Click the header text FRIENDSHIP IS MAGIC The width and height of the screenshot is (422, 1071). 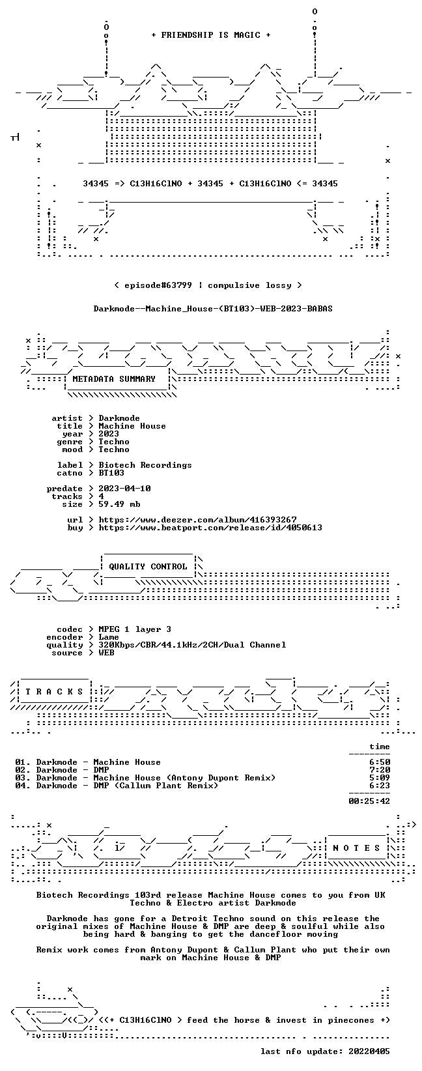point(211,35)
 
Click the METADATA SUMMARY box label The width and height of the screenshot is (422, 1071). point(114,379)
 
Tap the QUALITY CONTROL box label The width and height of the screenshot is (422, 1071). point(148,567)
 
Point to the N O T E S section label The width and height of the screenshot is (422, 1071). point(356,848)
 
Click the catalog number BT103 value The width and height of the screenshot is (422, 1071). point(111,473)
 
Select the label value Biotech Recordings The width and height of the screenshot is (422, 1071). point(145,465)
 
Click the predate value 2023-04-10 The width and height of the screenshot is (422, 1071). point(124,489)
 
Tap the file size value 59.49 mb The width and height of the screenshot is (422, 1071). point(119,504)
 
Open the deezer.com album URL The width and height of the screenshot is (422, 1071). point(197,520)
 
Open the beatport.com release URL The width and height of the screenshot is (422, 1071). point(210,528)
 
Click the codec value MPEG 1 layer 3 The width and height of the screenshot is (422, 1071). point(135,629)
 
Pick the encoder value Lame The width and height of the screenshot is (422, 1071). point(109,637)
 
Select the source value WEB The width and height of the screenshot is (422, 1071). point(107,653)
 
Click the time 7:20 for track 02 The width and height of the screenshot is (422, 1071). point(380,770)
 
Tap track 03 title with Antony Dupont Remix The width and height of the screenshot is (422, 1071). point(184,778)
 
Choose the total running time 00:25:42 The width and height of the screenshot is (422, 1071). point(369,801)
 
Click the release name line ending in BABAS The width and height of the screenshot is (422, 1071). point(213,309)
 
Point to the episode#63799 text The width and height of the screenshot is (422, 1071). point(158,285)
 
